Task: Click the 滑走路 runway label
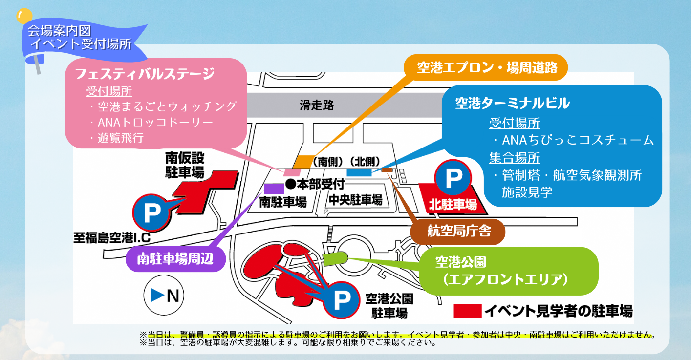pos(317,105)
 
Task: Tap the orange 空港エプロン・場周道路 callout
pos(486,67)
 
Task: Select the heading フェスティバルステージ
pos(145,74)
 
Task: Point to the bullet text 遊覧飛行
pos(121,138)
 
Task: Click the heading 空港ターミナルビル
pos(512,103)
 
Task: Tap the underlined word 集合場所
pos(514,158)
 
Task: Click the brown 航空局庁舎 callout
pos(458,231)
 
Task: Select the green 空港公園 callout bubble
pos(508,271)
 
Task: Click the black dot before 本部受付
pos(290,184)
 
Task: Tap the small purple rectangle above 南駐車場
pos(274,189)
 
